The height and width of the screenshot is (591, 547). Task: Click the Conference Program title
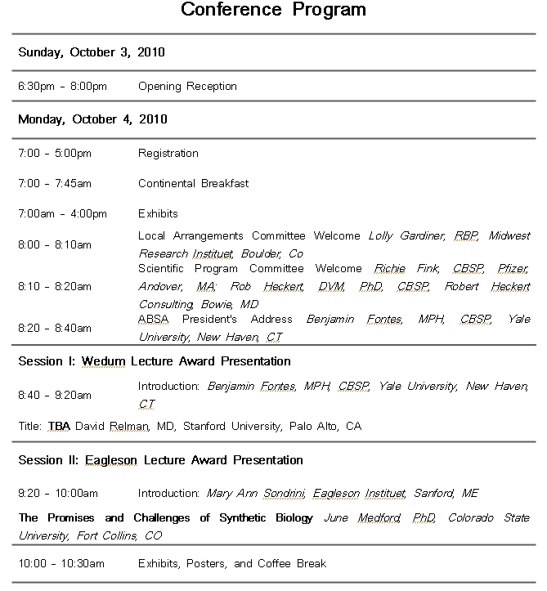[273, 11]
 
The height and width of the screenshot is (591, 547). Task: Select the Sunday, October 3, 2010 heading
[92, 52]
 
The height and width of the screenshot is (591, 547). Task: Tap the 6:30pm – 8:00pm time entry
[63, 86]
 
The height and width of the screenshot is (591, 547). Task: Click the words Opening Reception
[187, 86]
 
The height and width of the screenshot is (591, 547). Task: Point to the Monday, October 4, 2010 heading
[92, 119]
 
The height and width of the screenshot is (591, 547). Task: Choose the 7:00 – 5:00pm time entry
[55, 153]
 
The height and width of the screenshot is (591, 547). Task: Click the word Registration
[168, 153]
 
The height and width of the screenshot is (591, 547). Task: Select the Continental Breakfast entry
[193, 183]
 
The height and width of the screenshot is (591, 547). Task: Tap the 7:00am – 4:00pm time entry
[63, 214]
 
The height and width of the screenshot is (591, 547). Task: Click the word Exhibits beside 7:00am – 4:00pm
[158, 214]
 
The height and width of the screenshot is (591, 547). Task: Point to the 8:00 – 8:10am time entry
[55, 244]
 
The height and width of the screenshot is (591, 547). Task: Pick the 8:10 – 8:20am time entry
[55, 287]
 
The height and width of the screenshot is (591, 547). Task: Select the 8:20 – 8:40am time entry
[55, 328]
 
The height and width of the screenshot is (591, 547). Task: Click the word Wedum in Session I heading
[105, 361]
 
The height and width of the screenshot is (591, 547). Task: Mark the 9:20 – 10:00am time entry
[58, 493]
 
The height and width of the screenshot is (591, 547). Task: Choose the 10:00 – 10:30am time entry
[61, 563]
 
